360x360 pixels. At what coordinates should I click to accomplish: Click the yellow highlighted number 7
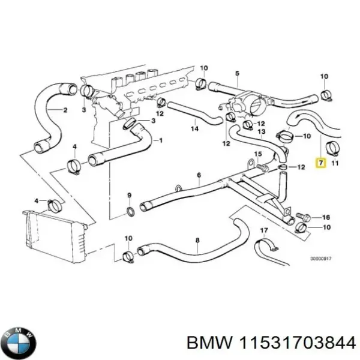[x=321, y=163]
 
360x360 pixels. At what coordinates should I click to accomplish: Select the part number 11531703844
[x=298, y=343]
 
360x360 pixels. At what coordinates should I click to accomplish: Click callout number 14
[x=194, y=128]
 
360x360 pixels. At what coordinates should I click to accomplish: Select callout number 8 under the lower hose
[x=197, y=242]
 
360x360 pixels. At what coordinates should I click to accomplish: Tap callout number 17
[x=263, y=230]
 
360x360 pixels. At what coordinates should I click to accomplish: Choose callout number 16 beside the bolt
[x=326, y=217]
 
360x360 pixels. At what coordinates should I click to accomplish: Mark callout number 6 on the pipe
[x=199, y=175]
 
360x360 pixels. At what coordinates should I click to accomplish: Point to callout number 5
[x=237, y=74]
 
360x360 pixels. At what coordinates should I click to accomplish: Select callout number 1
[x=160, y=140]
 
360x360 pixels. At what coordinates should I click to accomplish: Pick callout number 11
[x=335, y=163]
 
